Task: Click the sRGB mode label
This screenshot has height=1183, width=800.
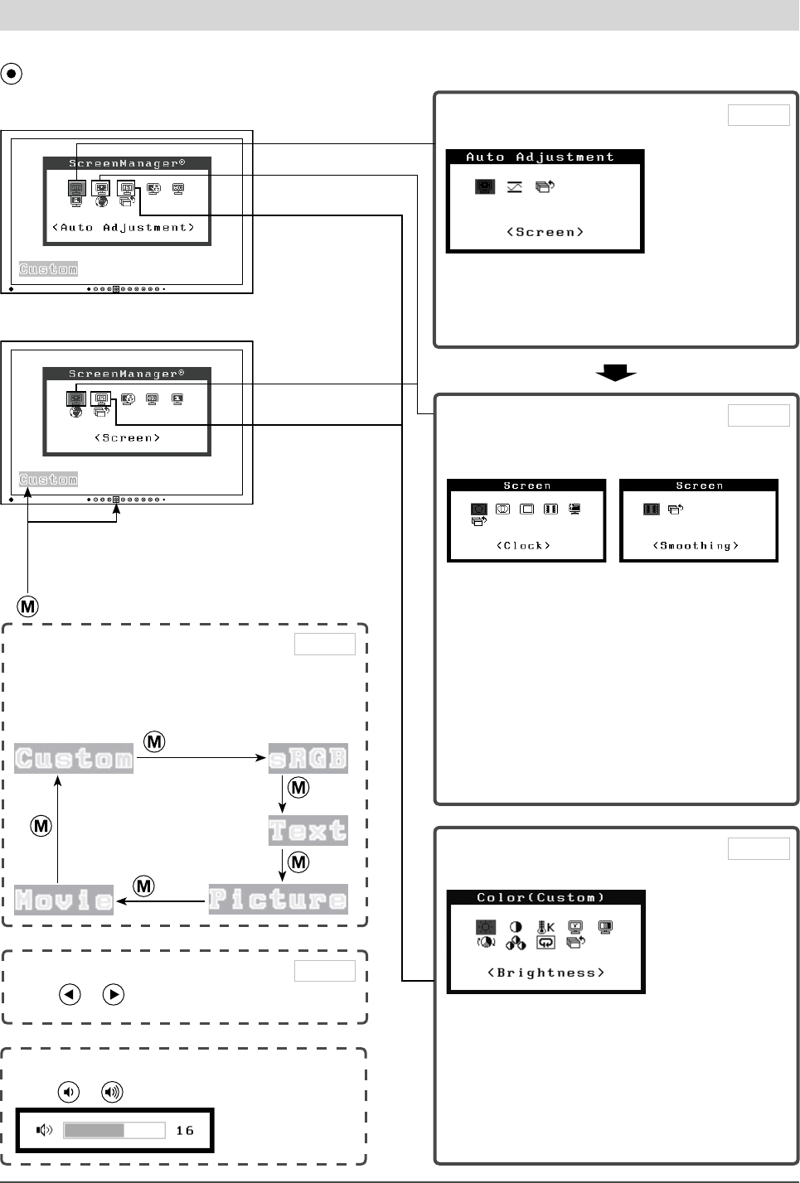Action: (x=308, y=758)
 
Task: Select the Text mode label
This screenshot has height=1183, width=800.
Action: (x=308, y=830)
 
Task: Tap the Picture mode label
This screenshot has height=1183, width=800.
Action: (x=278, y=899)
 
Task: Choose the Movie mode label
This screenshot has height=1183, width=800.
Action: (x=64, y=900)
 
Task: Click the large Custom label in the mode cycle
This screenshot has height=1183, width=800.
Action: (x=74, y=758)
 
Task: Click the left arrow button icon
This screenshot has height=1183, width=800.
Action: (x=70, y=994)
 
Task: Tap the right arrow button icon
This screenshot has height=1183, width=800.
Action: (x=114, y=994)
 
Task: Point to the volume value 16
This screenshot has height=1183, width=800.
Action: (x=185, y=1131)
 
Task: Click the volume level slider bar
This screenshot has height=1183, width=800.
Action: (x=114, y=1130)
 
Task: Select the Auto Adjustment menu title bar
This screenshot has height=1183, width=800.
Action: (x=545, y=157)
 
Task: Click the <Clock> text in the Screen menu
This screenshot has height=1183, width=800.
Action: (x=524, y=546)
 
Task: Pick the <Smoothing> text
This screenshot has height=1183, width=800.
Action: (x=696, y=546)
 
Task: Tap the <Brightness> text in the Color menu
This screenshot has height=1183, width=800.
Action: (x=545, y=973)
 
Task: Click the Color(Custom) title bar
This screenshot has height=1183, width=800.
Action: (x=545, y=897)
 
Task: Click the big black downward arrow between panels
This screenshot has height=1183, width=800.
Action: (x=616, y=373)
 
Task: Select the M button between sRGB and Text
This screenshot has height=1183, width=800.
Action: (x=298, y=787)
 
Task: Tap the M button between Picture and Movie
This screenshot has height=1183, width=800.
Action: (x=144, y=886)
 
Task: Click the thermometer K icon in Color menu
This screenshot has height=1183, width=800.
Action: (x=545, y=927)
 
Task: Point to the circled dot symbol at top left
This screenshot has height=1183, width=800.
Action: (x=12, y=73)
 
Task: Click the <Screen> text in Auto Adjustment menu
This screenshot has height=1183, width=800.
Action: (x=545, y=233)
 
